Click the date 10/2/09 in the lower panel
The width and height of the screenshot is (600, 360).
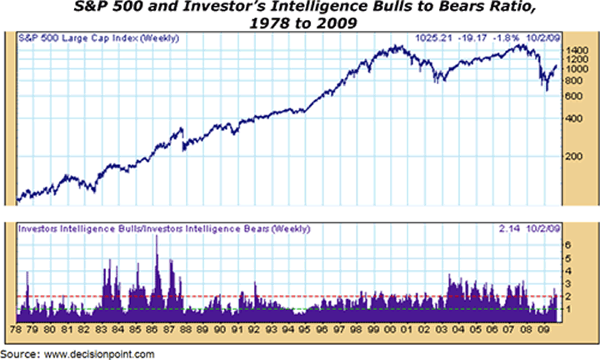(552, 227)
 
